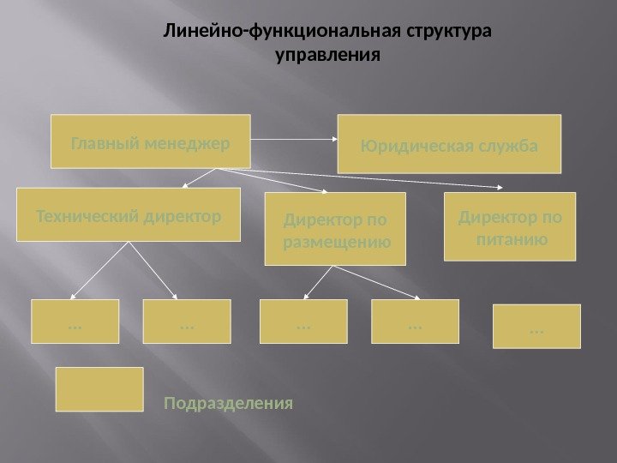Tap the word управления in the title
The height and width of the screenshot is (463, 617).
(326, 57)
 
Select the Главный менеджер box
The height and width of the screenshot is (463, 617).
(150, 140)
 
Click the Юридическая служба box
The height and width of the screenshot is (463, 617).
(451, 142)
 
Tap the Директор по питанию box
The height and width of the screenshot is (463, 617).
(509, 226)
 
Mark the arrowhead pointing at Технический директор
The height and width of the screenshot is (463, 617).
(184, 187)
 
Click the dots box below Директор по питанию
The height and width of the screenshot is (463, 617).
(537, 327)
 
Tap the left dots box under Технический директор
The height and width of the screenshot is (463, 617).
(75, 322)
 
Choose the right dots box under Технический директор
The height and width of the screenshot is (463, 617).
(186, 322)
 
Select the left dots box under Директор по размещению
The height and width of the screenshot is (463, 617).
(303, 322)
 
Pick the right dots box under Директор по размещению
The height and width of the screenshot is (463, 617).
(415, 322)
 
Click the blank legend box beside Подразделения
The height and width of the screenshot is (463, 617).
(99, 390)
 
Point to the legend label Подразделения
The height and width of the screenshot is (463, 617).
(229, 402)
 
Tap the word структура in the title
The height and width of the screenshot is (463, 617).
(450, 33)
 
